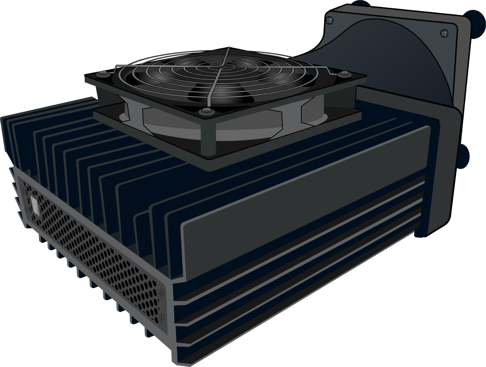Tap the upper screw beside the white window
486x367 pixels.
(23, 192)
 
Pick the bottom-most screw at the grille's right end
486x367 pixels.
(162, 317)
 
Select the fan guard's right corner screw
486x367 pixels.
(342, 74)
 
